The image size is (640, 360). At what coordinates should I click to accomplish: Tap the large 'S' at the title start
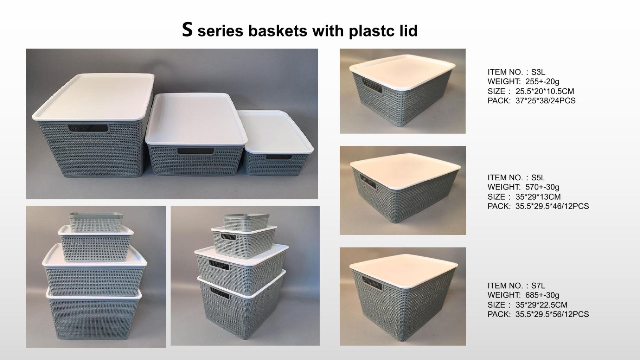click(x=187, y=30)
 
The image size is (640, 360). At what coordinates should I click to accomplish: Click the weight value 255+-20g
click(x=542, y=82)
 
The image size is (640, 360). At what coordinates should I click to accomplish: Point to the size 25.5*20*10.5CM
click(x=544, y=91)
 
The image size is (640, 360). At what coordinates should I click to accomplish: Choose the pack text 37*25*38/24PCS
click(x=545, y=101)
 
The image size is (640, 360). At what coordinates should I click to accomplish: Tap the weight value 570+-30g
click(x=542, y=187)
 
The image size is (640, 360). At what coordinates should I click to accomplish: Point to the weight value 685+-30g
click(x=542, y=295)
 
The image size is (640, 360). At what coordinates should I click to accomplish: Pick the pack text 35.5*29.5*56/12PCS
click(x=552, y=314)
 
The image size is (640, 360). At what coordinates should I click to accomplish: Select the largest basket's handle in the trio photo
click(x=88, y=129)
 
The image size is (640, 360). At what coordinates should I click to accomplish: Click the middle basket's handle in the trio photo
click(x=196, y=152)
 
